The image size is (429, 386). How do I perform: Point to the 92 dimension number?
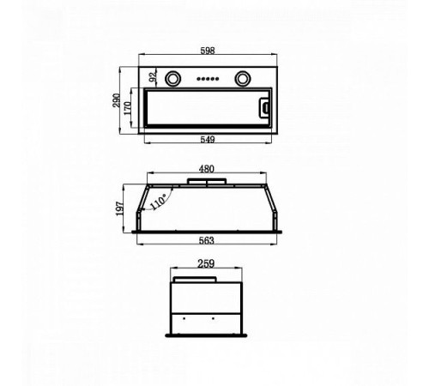tap(154, 76)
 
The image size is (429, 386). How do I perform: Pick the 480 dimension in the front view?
tap(206, 169)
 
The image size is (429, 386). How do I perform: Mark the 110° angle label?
tap(158, 202)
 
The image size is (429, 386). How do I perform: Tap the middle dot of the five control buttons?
tap(208, 78)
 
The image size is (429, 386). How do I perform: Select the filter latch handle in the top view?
tap(263, 108)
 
